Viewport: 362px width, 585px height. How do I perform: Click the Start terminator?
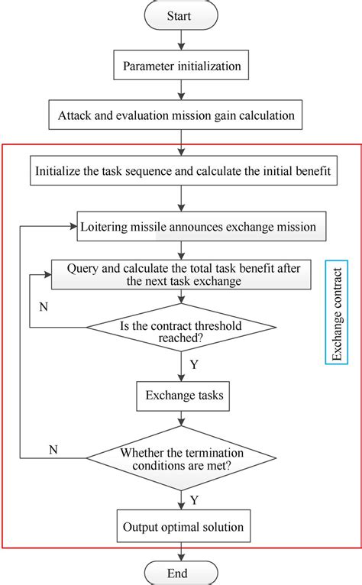click(182, 15)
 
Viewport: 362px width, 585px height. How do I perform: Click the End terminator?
click(182, 573)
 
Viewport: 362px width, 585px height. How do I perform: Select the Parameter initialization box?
click(182, 66)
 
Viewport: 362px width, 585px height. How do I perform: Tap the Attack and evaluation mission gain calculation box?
click(182, 117)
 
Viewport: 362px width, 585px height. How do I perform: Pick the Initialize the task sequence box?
click(182, 171)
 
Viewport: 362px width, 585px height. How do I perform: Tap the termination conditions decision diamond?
click(182, 458)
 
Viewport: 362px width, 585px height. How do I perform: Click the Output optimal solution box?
click(182, 526)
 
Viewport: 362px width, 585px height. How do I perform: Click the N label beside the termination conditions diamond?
click(53, 449)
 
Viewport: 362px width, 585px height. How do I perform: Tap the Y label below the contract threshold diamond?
click(193, 365)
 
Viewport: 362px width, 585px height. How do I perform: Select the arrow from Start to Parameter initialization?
click(182, 40)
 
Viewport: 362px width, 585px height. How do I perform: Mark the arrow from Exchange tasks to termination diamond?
click(182, 420)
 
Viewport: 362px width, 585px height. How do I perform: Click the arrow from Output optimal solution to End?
click(182, 551)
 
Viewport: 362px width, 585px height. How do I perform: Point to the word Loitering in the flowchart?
click(105, 226)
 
